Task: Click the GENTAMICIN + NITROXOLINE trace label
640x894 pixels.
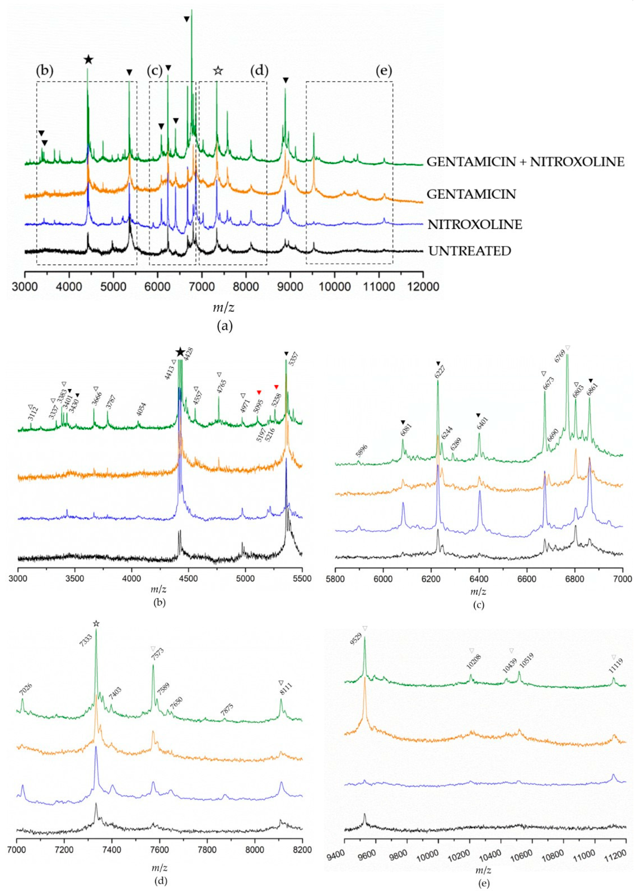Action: (525, 162)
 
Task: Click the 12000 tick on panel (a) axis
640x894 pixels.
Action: (422, 286)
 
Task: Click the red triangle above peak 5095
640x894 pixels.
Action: (259, 393)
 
